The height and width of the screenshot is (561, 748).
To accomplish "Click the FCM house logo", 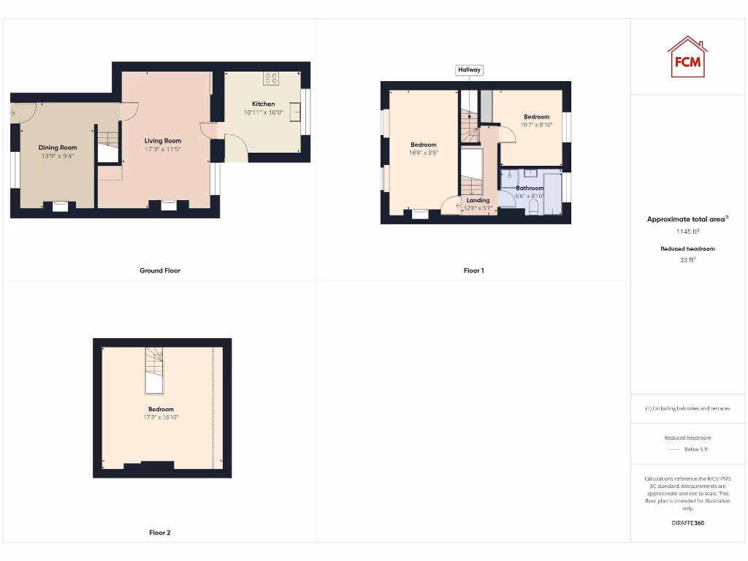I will [687, 57].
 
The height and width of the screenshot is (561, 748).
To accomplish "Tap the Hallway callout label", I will [469, 70].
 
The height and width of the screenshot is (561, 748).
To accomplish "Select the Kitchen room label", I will [263, 104].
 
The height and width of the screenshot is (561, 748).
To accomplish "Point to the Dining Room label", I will [58, 148].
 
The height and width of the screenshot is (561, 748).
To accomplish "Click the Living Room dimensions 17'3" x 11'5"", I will [162, 150].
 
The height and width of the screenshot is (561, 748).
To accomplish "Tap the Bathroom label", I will [530, 188].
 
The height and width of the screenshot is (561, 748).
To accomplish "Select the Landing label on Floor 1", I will [478, 200].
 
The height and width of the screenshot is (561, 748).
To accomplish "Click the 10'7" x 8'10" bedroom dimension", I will [536, 125].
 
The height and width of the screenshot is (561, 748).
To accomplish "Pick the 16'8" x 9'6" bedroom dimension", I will [423, 153].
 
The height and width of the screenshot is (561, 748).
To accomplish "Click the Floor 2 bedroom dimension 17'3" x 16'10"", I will [161, 417].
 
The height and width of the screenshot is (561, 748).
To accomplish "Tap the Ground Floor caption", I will [160, 270].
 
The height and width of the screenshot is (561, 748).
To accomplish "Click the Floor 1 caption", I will [473, 270].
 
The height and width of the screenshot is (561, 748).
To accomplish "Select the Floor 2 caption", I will [160, 533].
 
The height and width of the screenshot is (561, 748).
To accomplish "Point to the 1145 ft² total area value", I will [687, 232].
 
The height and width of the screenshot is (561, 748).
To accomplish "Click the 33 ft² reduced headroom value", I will [687, 259].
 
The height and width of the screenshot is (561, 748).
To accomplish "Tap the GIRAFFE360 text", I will [687, 523].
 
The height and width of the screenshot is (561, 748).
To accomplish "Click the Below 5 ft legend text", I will [695, 449].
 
